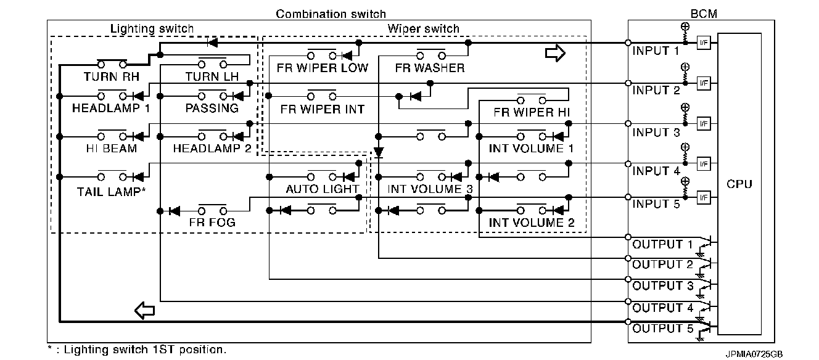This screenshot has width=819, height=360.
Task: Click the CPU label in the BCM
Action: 740,184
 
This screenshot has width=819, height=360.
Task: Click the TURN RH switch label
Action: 112,77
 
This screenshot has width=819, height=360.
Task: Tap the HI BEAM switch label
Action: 112,149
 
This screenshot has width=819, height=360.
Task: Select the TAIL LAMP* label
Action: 112,191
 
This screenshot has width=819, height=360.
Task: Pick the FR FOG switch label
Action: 212,223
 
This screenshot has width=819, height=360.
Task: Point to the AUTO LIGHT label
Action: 322,189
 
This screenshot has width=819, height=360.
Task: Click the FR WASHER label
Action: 430,68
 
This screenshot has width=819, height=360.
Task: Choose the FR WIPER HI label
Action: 532,113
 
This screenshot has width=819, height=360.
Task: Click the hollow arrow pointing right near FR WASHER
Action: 555,54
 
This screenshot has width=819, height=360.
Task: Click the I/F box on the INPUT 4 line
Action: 703,163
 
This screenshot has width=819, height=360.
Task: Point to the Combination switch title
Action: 331,14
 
